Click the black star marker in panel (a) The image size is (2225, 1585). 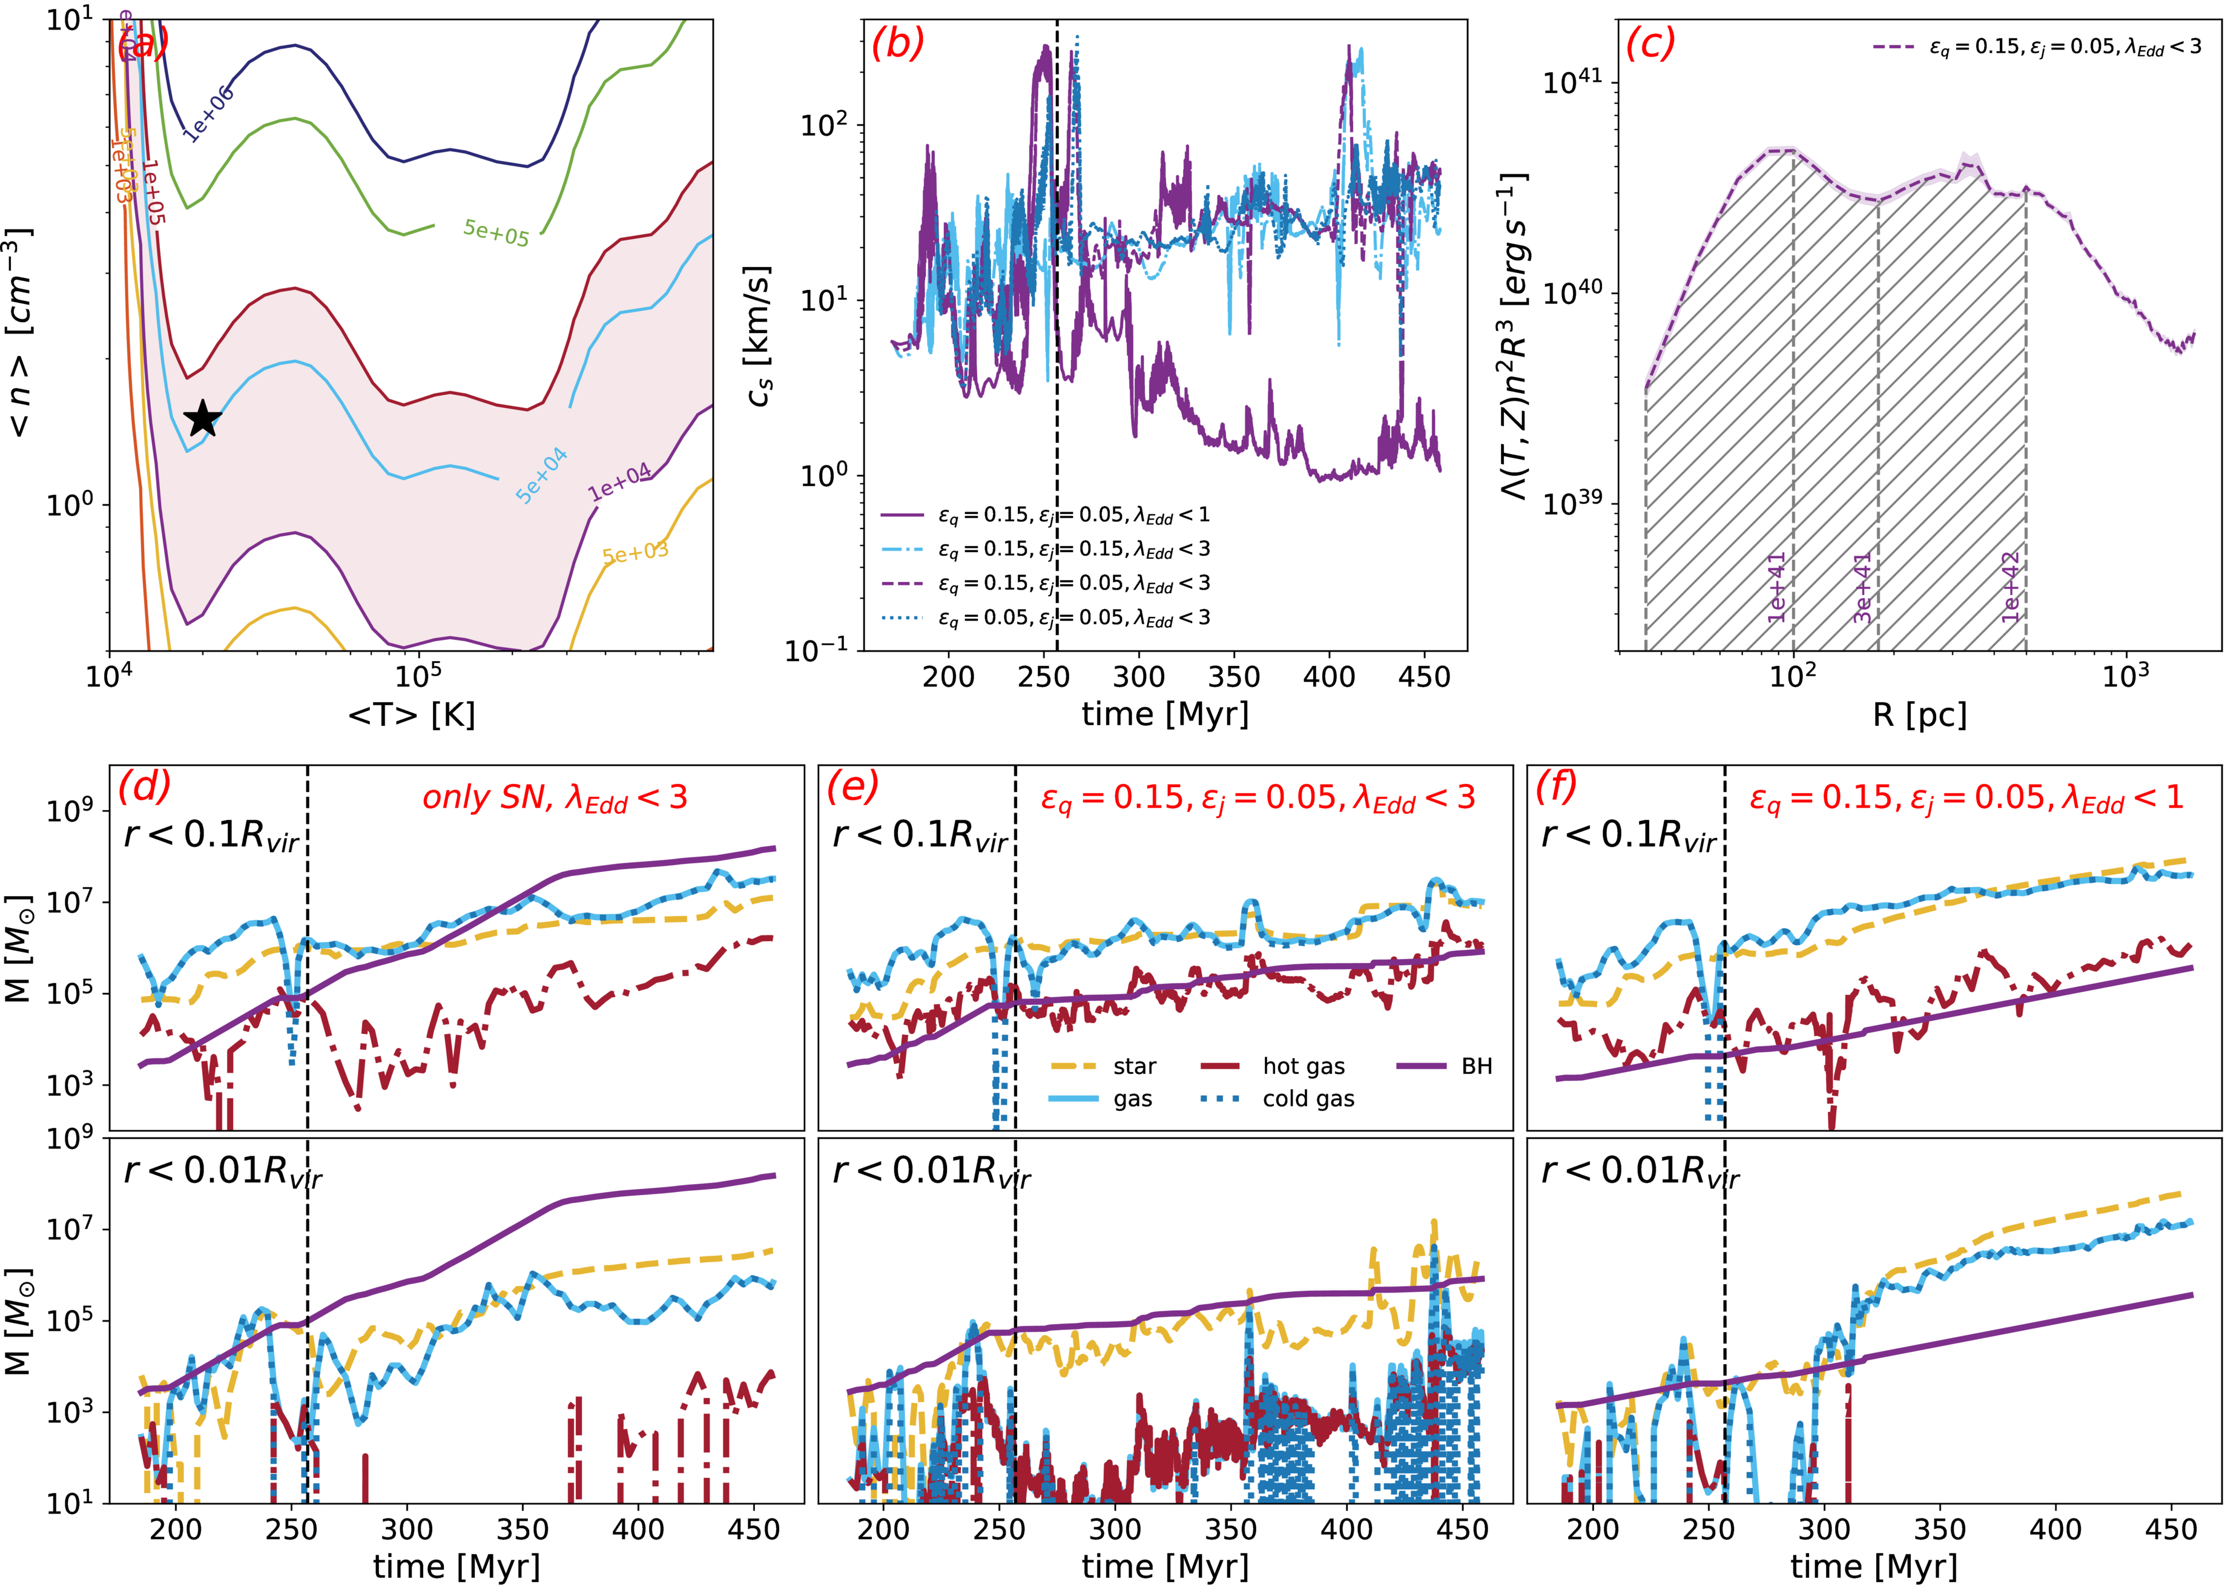click(203, 419)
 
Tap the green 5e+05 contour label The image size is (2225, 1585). click(496, 232)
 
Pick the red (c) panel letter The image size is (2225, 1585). click(1649, 44)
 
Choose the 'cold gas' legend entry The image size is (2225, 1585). click(1308, 1099)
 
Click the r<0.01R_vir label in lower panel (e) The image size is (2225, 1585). click(930, 1171)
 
